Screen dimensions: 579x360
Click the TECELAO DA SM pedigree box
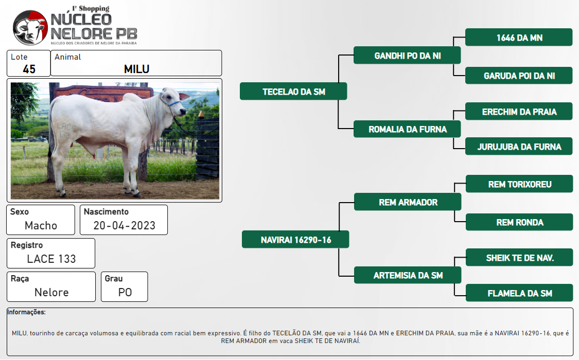[x=293, y=92]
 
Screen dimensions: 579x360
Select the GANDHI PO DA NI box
[x=407, y=56]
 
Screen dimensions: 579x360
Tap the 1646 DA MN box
[x=519, y=37]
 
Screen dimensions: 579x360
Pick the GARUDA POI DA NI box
[x=519, y=76]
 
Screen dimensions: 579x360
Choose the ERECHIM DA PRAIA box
[x=519, y=112]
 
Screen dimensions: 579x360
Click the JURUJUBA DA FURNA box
[x=519, y=147]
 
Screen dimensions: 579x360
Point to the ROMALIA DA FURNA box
[x=407, y=129]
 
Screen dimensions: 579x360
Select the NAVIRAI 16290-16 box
[x=295, y=239]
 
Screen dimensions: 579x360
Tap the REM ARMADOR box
[x=408, y=202]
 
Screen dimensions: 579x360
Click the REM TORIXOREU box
[x=519, y=184]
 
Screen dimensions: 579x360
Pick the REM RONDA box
[x=519, y=222]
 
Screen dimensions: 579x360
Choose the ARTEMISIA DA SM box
[x=408, y=275]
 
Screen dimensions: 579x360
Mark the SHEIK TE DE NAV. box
[x=519, y=258]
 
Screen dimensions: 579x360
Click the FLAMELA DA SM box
[x=519, y=293]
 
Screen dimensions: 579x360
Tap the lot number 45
[x=29, y=69]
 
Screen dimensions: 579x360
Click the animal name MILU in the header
[x=136, y=69]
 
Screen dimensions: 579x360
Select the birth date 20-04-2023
[x=125, y=225]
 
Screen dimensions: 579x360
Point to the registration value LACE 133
[x=51, y=259]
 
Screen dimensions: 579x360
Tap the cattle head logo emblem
[x=30, y=28]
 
